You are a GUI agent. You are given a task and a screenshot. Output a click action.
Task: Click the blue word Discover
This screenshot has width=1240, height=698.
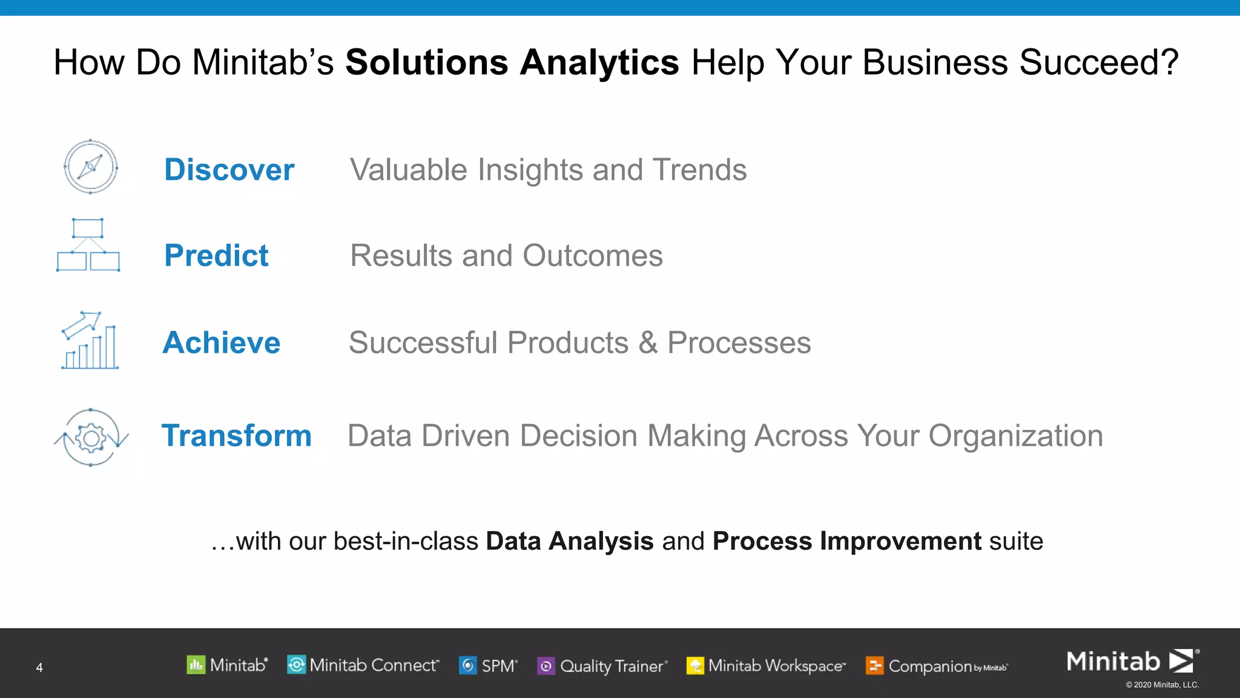tap(229, 170)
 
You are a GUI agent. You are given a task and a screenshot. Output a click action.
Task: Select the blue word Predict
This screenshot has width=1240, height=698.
tap(216, 255)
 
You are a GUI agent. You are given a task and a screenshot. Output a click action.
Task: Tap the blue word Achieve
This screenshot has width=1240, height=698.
tap(222, 342)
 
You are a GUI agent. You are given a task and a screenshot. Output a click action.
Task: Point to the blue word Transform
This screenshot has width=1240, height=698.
tap(236, 436)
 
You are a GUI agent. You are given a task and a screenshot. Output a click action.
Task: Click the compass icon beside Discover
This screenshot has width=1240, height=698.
tap(91, 167)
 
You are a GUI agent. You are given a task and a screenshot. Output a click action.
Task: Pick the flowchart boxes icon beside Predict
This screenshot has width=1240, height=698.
tap(88, 245)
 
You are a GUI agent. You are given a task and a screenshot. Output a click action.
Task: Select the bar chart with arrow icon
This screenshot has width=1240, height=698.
tap(90, 341)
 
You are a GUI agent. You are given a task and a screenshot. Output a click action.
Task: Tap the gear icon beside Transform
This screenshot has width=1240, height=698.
tap(91, 437)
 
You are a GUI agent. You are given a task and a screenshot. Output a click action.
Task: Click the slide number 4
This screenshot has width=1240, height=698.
tap(39, 668)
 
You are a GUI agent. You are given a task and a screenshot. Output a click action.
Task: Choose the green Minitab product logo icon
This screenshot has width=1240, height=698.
tap(196, 665)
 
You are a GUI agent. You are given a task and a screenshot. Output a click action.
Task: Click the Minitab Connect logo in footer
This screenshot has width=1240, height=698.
tap(363, 665)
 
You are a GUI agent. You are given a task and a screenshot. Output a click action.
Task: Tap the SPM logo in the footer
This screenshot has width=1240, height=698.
tap(488, 665)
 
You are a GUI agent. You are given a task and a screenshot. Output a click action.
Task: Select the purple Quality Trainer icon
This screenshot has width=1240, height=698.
tap(546, 666)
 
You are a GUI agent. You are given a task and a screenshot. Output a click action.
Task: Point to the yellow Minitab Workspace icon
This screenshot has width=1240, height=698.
tap(695, 666)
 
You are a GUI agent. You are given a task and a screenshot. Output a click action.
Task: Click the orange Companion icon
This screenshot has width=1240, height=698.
tap(874, 666)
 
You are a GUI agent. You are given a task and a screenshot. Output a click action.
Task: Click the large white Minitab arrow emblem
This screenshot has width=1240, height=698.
tap(1181, 660)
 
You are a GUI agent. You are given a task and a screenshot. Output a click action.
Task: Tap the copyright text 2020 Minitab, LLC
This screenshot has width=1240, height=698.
tap(1162, 685)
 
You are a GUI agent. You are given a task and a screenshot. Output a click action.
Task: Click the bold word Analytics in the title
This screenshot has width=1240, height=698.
tap(599, 62)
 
